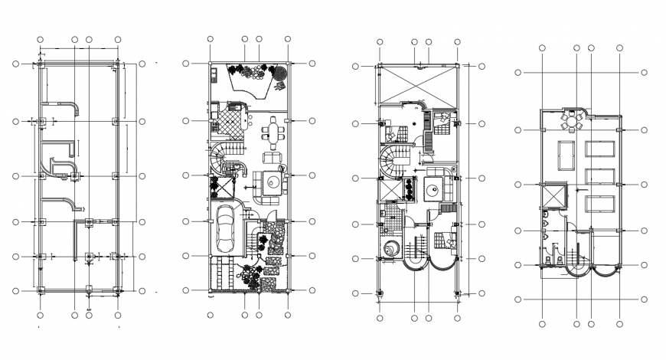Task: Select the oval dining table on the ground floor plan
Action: coord(274,133)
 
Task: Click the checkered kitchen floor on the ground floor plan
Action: coord(227,120)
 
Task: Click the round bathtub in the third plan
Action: coord(392,250)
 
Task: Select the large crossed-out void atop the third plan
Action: coord(417,83)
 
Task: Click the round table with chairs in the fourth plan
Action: coord(572,121)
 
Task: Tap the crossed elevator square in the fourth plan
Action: coord(553,195)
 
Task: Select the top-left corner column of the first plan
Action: coord(41,64)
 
